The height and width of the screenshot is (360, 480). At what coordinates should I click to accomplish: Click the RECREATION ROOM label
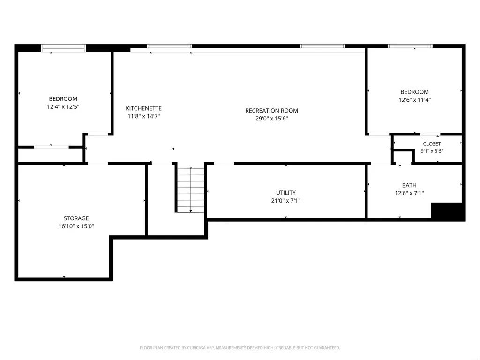271,111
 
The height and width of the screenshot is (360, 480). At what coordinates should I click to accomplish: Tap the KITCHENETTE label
143,108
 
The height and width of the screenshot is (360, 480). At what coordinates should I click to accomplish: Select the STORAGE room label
76,218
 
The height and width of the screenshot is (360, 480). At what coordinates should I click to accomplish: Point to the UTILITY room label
286,193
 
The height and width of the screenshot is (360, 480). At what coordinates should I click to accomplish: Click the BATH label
409,185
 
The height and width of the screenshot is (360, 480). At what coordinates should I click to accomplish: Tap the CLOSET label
432,144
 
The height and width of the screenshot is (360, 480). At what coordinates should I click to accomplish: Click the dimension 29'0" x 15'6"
271,119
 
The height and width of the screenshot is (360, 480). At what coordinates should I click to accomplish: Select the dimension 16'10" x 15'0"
76,226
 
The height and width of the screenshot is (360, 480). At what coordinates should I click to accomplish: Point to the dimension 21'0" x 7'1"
286,201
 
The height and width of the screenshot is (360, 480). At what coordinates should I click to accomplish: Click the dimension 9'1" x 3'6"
432,151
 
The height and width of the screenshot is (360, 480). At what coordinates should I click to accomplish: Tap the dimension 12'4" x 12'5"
63,107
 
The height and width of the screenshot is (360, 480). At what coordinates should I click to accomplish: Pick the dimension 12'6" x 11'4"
414,100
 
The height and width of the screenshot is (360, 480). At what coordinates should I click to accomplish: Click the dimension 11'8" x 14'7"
143,116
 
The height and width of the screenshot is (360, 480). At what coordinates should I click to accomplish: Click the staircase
191,190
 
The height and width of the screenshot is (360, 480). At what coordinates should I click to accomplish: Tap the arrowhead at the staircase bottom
191,211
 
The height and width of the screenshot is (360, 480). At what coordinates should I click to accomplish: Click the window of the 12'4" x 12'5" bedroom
63,48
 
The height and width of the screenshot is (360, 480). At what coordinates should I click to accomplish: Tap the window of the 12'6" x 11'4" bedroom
410,46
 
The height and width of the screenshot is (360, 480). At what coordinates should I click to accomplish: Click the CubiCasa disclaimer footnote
240,348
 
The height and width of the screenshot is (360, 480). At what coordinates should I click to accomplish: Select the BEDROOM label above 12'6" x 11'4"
414,92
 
